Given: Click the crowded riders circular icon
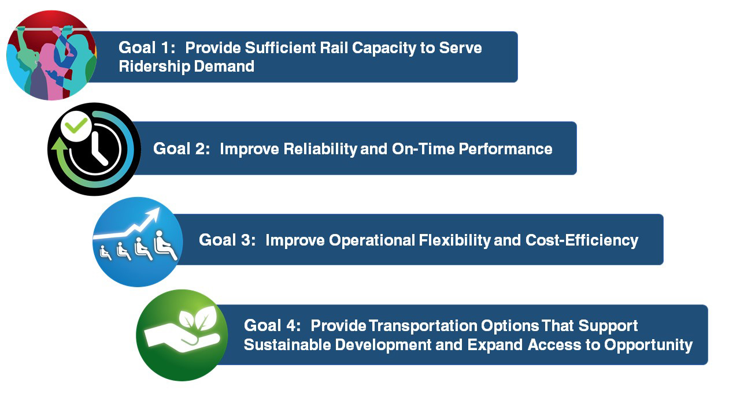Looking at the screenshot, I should point(51,55).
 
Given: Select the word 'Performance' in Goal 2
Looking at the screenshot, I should point(505,149).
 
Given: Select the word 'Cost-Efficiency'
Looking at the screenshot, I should point(582,240).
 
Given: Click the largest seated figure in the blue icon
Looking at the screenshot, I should point(165,246).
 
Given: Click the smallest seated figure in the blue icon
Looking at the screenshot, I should point(106,252).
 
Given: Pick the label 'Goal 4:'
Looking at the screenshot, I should point(272,325).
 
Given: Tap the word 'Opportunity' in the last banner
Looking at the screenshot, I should point(648,345).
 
